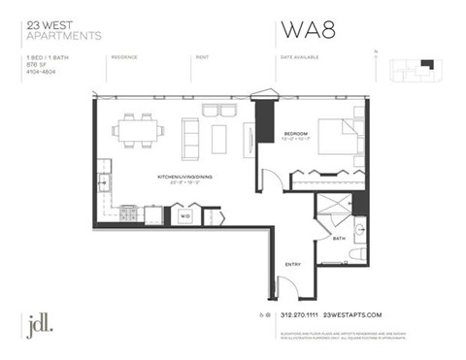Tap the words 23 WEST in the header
point(45,24)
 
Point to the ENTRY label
point(292,263)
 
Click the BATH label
point(338,238)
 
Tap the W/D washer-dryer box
point(183,215)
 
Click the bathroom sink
point(360,230)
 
